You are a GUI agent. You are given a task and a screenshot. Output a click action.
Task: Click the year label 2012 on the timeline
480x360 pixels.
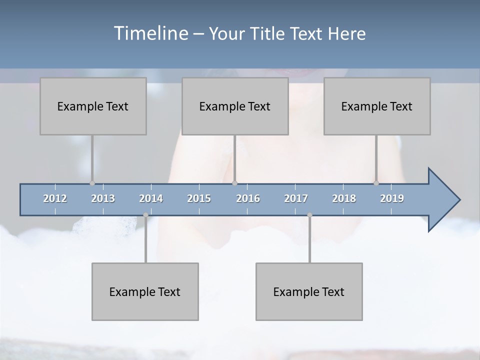coord(55,198)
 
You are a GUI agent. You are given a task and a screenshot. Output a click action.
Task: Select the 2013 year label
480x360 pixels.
coord(103,198)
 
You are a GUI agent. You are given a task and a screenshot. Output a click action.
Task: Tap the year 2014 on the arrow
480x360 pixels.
coord(151,198)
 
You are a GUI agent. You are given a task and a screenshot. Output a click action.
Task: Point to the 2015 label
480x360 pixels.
coord(199,198)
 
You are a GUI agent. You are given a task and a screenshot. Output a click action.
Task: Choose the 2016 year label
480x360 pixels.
coord(248,198)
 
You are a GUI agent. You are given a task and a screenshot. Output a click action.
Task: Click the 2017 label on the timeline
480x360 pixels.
coord(296,198)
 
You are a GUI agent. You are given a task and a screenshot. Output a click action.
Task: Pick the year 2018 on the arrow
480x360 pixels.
coord(344,198)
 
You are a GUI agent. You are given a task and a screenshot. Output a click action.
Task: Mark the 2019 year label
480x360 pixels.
coord(392,198)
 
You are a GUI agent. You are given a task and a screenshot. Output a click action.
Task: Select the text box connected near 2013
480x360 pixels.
coord(93,106)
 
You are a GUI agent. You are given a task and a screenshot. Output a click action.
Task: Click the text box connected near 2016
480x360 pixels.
coord(235,106)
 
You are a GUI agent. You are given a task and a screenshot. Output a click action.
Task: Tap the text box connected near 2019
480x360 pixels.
coord(377,106)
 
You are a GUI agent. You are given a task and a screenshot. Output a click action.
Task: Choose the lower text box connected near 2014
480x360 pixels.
coord(145,291)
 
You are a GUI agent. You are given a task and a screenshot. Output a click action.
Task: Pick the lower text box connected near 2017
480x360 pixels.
coord(309,291)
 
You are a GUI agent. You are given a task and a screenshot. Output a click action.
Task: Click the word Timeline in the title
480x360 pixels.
coord(150,33)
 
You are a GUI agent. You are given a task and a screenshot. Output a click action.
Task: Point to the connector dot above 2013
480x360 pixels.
coord(92,183)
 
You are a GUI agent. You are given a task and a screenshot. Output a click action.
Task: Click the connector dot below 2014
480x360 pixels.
coord(145,215)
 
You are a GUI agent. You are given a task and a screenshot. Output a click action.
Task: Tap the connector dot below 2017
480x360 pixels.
coord(309,215)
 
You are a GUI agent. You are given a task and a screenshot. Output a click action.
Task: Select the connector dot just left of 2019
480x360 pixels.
coord(376,183)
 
